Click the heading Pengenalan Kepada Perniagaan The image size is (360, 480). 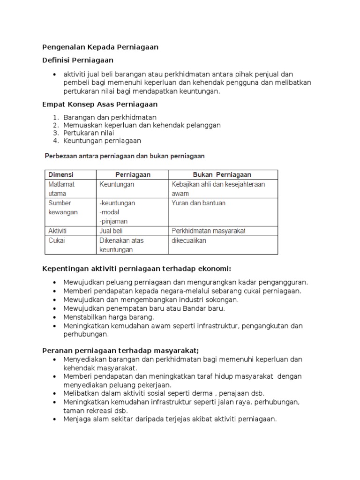coord(100,47)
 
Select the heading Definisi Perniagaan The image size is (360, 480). coord(78,60)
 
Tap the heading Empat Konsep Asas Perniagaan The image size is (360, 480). coord(100,104)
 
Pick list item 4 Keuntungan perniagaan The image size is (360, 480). coord(102,141)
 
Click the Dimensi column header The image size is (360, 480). coord(61,174)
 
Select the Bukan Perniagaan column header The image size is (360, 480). coord(222,174)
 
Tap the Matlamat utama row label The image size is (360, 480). coord(61,188)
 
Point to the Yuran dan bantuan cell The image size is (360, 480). coord(198,203)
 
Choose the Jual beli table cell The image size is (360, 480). coord(111,231)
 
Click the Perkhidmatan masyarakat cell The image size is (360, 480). coord(209,231)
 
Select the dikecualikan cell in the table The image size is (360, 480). coord(188,240)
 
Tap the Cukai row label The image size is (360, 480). coord(57,240)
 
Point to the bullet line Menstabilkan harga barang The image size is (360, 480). coord(102,317)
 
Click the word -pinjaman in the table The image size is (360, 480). coord(113,221)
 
